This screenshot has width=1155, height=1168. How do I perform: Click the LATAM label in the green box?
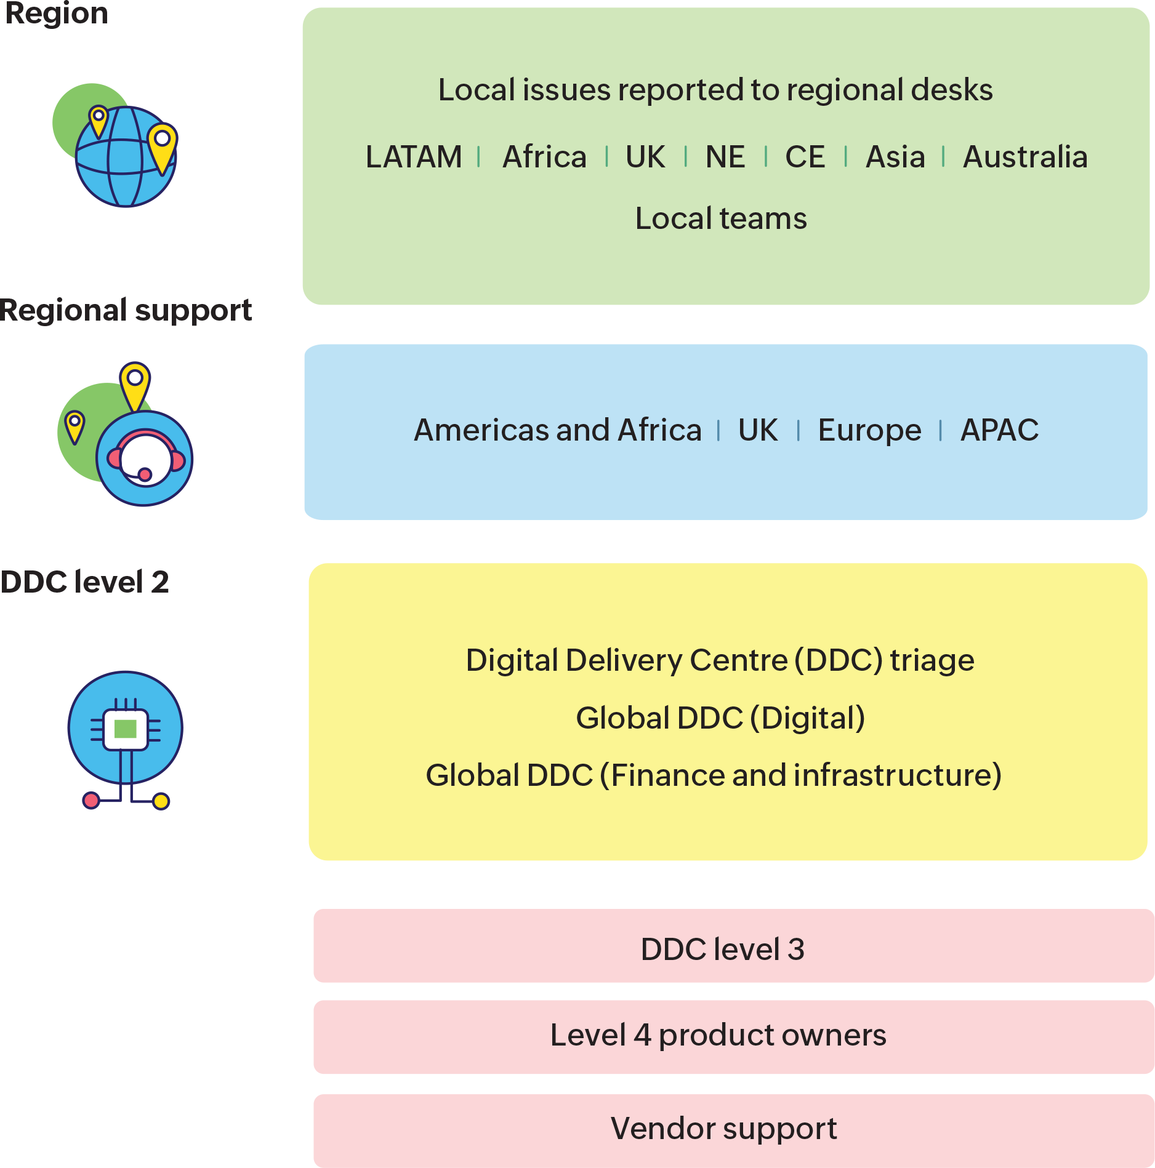point(414,157)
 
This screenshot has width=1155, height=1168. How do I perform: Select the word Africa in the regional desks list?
point(544,157)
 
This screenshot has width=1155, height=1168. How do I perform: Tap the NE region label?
point(725,157)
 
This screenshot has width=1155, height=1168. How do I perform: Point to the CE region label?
point(805,157)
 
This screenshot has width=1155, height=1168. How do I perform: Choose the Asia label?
point(895,157)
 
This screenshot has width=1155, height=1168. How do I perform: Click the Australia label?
point(1025,157)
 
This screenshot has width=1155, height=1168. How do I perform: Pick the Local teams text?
point(721,218)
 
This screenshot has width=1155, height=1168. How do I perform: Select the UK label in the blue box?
point(758,430)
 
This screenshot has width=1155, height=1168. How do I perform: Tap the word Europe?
point(869,430)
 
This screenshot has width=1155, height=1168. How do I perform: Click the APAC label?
point(999,430)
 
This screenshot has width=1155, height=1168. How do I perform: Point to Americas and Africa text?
point(558,430)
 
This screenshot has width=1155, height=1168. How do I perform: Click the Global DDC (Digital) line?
point(720,718)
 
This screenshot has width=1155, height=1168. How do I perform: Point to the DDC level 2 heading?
point(84,582)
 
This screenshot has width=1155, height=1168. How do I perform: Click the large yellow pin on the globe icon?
point(162,145)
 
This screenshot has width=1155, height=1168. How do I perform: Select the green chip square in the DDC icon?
point(126,729)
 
